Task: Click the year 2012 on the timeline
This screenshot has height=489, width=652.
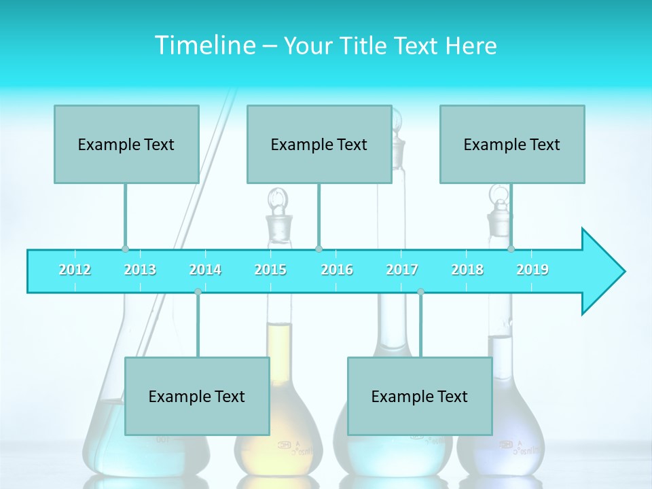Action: (x=75, y=270)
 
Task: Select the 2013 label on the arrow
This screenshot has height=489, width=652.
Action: (x=140, y=270)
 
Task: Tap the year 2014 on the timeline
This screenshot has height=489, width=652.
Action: (x=205, y=270)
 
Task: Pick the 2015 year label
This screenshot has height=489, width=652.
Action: (x=270, y=270)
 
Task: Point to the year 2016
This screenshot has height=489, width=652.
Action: (x=337, y=270)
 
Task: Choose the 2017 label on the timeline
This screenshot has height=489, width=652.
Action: (x=402, y=270)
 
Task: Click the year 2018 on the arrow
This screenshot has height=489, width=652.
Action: (x=467, y=270)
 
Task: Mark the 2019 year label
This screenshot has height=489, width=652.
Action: (x=532, y=270)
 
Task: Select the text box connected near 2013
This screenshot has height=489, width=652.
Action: (x=126, y=144)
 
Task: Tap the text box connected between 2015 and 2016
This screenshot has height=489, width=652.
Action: (x=319, y=144)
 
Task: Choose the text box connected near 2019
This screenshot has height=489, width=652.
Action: (x=512, y=144)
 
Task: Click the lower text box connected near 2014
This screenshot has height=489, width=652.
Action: (x=197, y=396)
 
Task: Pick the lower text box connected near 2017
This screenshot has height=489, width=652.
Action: (x=420, y=396)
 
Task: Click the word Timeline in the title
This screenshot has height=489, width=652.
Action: (x=204, y=45)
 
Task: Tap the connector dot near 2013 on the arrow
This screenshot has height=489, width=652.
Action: (x=125, y=249)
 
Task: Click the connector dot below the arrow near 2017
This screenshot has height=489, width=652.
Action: (x=420, y=291)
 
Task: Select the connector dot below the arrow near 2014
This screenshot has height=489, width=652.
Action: (x=198, y=291)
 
